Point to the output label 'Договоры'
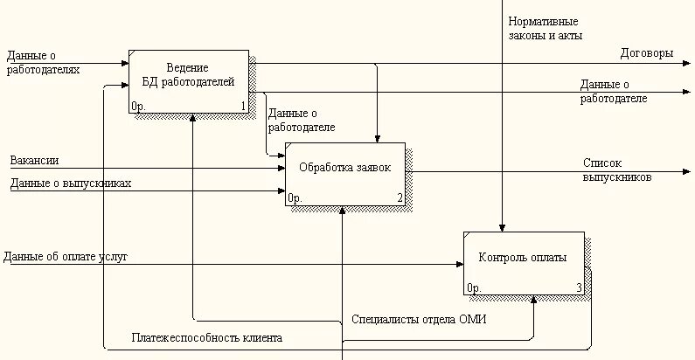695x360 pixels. pyautogui.click(x=646, y=53)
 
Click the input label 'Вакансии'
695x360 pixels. pyautogui.click(x=34, y=161)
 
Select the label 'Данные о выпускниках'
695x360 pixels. pyautogui.click(x=71, y=183)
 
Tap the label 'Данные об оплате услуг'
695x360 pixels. pyautogui.click(x=66, y=257)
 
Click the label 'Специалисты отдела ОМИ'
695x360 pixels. pyautogui.click(x=418, y=320)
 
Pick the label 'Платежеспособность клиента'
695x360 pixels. pyautogui.click(x=207, y=337)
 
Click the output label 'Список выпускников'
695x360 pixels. pyautogui.click(x=617, y=170)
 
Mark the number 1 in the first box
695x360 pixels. pyautogui.click(x=243, y=107)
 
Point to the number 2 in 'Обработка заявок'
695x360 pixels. pyautogui.click(x=400, y=198)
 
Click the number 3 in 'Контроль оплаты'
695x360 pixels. pyautogui.click(x=578, y=287)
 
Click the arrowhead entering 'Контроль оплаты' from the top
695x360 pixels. pyautogui.click(x=502, y=226)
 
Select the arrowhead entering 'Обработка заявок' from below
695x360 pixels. pyautogui.click(x=343, y=211)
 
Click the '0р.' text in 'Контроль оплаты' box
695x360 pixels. pyautogui.click(x=474, y=287)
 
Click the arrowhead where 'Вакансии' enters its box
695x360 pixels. pyautogui.click(x=281, y=168)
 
